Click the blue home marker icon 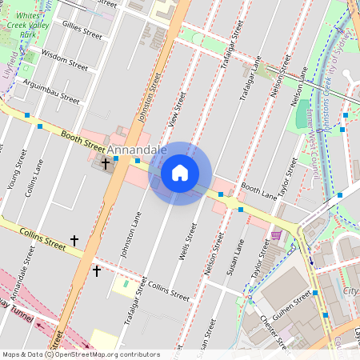coord(180,173)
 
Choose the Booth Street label coord(82,141)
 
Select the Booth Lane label coord(258,190)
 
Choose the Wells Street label coord(190,242)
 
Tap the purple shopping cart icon coord(276,235)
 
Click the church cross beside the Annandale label coord(106,163)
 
